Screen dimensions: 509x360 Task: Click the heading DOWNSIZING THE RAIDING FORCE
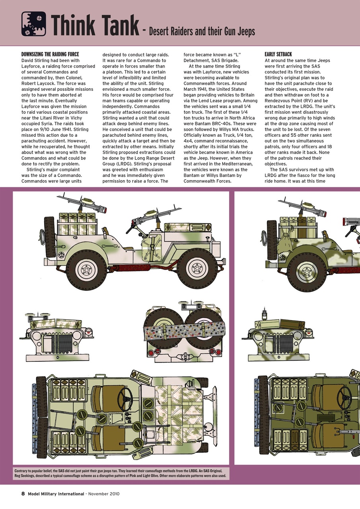tap(50, 54)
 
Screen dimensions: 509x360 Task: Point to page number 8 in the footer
tap(23, 494)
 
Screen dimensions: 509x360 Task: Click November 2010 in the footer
tap(104, 494)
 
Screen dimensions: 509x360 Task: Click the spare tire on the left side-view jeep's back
tap(50, 237)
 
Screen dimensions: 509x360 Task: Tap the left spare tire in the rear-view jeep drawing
tap(163, 329)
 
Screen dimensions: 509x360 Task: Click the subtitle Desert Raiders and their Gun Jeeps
tap(202, 32)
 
